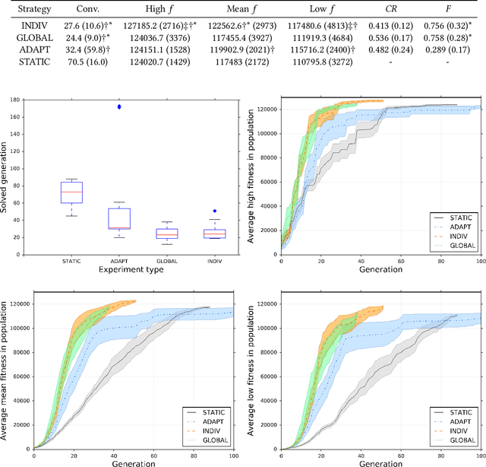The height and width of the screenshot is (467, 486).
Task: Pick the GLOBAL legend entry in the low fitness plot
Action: [459, 439]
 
